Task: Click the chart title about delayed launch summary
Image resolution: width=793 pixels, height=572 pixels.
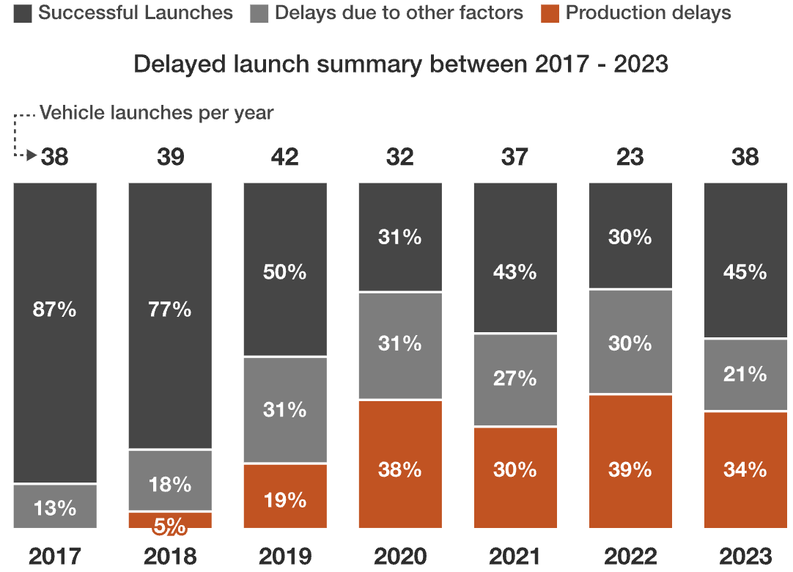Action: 400,64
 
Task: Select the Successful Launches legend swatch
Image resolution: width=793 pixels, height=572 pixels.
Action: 22,13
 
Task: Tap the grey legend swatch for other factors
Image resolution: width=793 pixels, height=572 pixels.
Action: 259,13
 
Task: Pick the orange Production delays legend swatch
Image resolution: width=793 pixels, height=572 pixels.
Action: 550,13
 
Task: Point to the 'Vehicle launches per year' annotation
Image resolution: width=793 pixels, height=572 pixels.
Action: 156,113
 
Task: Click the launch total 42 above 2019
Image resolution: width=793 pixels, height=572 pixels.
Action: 285,157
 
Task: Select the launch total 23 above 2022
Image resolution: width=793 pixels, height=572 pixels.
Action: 630,157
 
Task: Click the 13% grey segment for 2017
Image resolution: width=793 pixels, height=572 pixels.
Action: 55,507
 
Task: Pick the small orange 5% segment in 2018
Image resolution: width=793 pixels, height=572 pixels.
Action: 170,520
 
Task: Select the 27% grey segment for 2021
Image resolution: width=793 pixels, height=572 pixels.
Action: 515,380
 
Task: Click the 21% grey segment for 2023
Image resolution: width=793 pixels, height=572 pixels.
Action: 745,375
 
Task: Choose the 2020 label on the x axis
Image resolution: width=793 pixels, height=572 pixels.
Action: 400,555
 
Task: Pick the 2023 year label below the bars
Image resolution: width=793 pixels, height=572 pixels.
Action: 745,555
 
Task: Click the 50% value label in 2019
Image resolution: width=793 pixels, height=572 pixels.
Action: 285,272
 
